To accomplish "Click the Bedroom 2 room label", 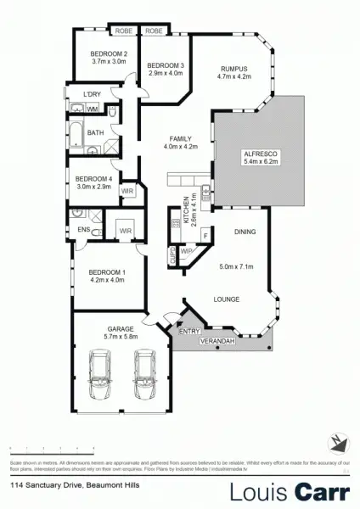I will tap(109, 54).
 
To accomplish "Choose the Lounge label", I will tap(224, 299).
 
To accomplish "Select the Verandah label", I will tap(216, 341).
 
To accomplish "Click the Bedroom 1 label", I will tap(107, 272).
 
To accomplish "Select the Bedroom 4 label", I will tap(93, 178).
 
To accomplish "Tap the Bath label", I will tap(95, 132).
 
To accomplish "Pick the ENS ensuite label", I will tap(84, 229).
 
